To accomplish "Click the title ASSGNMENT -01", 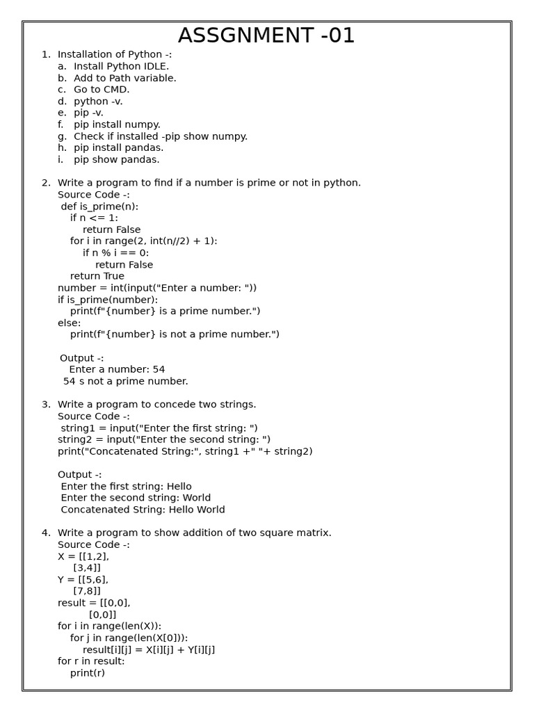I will tap(266, 35).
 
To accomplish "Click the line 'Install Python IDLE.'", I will tap(121, 66).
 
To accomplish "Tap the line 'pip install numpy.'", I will tap(117, 124).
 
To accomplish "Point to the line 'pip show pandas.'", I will tap(116, 160).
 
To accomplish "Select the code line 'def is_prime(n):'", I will tap(99, 207).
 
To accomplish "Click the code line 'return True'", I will tap(97, 276).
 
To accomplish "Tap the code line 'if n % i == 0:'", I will tap(115, 253).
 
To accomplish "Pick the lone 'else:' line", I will tap(70, 323).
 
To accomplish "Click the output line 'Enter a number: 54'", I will tap(117, 369).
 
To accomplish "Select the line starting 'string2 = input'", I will tap(164, 439).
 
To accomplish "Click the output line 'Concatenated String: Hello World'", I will tap(143, 510).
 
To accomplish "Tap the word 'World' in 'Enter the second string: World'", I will tap(196, 498).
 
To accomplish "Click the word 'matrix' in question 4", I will tap(313, 533).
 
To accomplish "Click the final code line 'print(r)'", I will tap(88, 673).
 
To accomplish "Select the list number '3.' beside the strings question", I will tap(46, 405).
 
